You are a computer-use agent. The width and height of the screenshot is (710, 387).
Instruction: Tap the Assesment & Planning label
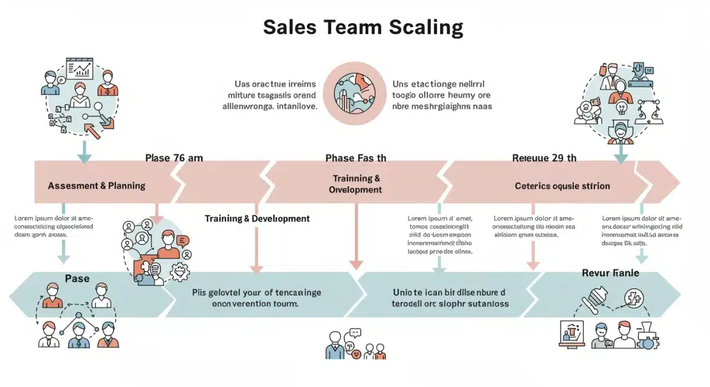pos(96,185)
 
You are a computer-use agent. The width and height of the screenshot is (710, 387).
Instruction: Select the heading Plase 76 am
pos(174,158)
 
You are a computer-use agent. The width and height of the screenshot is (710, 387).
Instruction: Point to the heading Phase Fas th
pos(356,158)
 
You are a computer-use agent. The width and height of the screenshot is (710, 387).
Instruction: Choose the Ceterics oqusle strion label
pos(562,186)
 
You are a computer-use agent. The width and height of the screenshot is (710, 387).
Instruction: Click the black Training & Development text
pos(257,218)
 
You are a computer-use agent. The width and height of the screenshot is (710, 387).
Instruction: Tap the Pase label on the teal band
pos(77,278)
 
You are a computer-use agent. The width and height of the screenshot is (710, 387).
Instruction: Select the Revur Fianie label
pos(611,273)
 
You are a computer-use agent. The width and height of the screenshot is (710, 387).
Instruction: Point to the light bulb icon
pos(621,108)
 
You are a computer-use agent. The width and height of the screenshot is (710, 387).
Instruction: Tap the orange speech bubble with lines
pos(182,240)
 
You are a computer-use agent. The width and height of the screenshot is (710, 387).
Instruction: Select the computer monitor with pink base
pos(571,334)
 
